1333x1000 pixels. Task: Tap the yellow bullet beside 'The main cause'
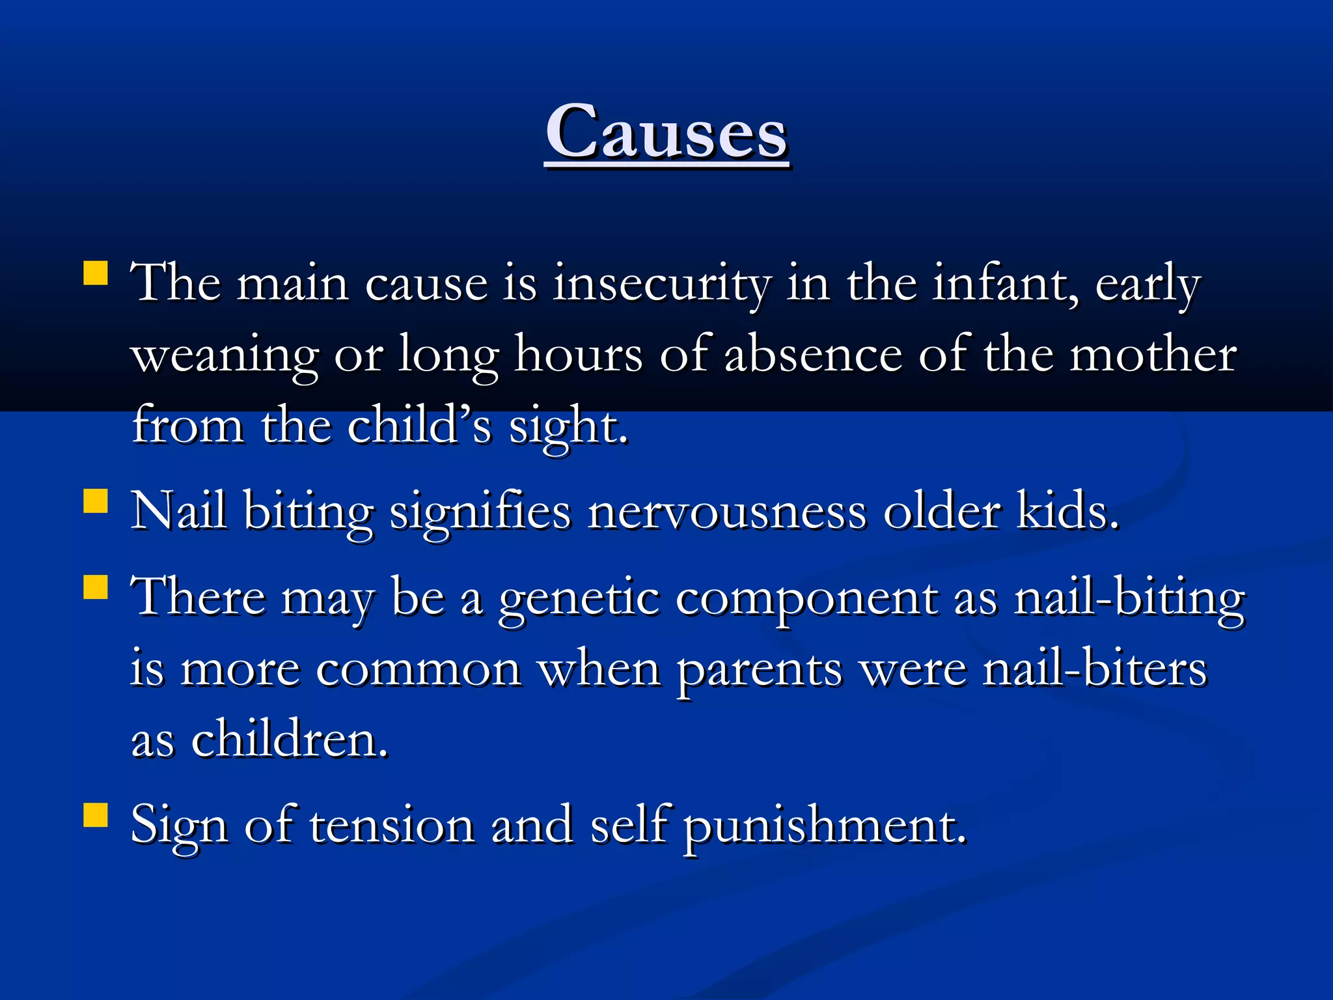(96, 274)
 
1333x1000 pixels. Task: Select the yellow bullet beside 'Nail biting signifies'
(96, 502)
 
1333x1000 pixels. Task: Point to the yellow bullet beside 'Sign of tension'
(96, 814)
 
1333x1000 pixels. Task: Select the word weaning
(225, 356)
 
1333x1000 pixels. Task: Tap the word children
(289, 740)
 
